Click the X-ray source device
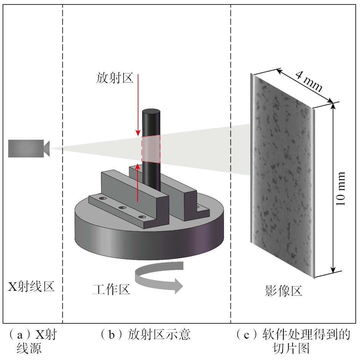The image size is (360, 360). click(26, 148)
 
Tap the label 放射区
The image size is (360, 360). click(114, 79)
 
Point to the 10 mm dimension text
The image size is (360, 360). click(341, 189)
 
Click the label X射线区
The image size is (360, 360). click(31, 286)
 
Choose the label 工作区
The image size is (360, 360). click(111, 290)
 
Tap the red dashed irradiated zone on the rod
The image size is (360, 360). click(151, 149)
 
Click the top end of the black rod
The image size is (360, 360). click(151, 113)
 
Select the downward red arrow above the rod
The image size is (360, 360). click(138, 105)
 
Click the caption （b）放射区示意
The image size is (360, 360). click(145, 335)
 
